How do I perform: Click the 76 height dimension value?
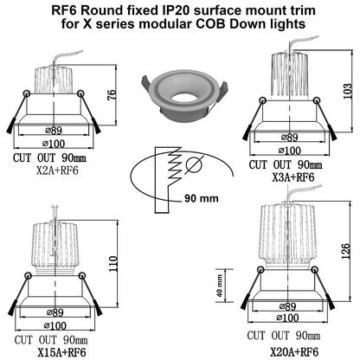click(112, 94)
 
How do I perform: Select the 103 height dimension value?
click(348, 91)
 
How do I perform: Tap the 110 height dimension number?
click(113, 263)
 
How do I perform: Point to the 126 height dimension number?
click(345, 251)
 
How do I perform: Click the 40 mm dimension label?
click(220, 286)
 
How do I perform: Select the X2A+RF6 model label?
click(57, 170)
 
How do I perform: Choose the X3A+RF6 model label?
click(293, 177)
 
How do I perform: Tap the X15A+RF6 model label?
click(61, 352)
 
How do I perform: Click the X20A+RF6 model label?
click(294, 352)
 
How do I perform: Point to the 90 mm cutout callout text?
click(202, 198)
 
